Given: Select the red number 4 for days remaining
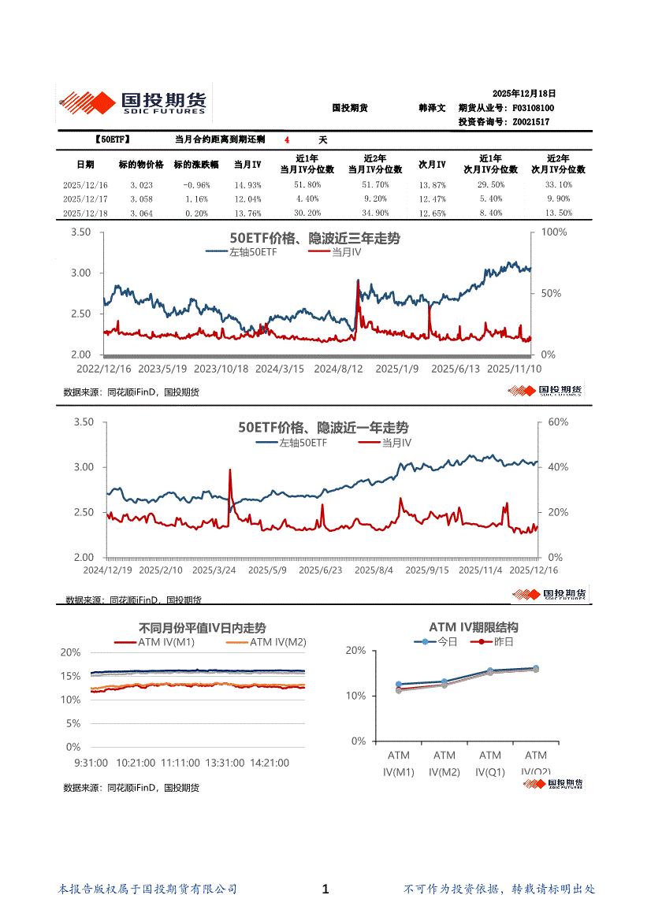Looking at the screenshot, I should point(287,139).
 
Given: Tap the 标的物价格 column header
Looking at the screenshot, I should point(141,165).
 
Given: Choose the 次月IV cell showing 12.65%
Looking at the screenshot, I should point(432,213).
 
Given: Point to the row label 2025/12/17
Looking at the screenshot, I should point(85,199).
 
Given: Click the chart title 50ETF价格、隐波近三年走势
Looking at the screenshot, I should point(314,239).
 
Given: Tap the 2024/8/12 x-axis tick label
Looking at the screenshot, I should point(338,369).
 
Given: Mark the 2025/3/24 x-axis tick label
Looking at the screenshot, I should point(215,570).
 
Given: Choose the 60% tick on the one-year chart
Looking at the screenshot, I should point(557,422).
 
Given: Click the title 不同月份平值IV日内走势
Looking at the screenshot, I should point(202,629).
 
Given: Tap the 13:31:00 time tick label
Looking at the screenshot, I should point(225,763).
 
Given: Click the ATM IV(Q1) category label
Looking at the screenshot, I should point(490,764).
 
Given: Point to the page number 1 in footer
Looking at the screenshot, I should point(325,889).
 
